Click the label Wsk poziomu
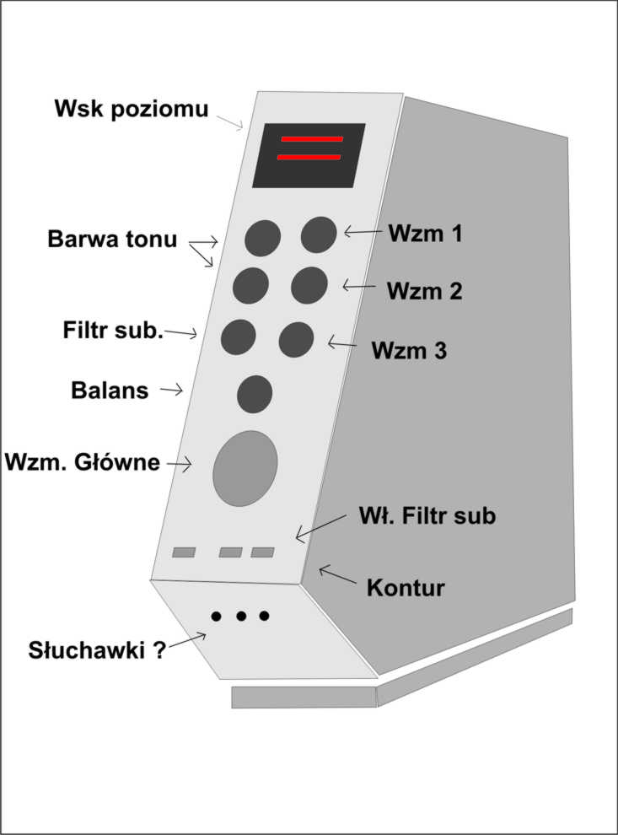(x=131, y=109)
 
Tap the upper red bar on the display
(x=312, y=139)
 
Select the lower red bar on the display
(x=309, y=157)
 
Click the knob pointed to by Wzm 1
(x=319, y=234)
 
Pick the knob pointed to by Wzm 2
(x=309, y=285)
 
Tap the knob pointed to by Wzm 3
(x=296, y=340)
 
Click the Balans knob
(x=255, y=394)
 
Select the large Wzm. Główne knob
(x=245, y=468)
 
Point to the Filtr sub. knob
(x=238, y=337)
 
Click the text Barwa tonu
(x=112, y=239)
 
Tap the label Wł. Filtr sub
(x=427, y=515)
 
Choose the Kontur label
(x=406, y=588)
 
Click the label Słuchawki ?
(x=97, y=650)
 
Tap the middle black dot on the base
(x=241, y=617)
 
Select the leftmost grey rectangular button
(x=184, y=552)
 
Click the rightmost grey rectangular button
(x=262, y=552)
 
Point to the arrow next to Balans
(x=171, y=391)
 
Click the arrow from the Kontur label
(x=338, y=575)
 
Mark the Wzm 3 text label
(x=409, y=350)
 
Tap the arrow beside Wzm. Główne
(x=180, y=464)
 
